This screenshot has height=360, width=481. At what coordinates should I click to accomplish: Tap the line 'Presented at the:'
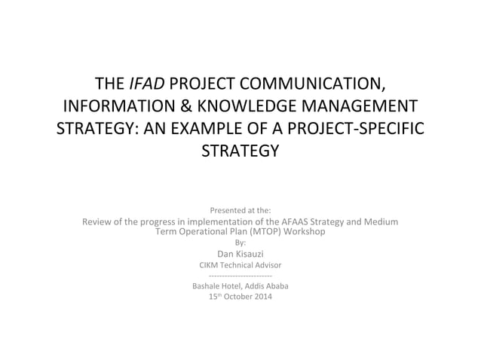click(240, 210)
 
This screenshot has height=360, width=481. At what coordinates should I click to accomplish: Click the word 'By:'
click(240, 242)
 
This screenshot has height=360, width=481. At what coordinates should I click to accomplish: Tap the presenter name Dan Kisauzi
click(240, 253)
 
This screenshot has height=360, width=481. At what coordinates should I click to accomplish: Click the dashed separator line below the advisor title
click(240, 276)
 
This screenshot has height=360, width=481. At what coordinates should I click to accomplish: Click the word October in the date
click(244, 297)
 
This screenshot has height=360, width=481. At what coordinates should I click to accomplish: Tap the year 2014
click(267, 297)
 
